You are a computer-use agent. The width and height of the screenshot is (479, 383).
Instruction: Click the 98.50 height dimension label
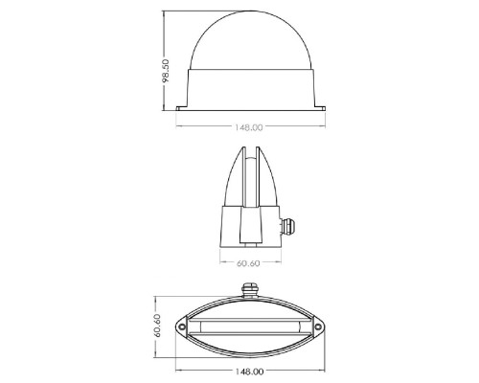(166, 71)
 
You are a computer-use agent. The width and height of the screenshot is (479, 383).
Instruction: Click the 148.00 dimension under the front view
(249, 127)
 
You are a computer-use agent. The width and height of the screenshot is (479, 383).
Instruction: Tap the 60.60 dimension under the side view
(248, 263)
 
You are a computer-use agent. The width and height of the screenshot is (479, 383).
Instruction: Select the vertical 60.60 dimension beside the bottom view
(157, 326)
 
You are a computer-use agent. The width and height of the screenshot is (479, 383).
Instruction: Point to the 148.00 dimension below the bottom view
(250, 372)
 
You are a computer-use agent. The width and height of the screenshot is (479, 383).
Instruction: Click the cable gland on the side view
(287, 226)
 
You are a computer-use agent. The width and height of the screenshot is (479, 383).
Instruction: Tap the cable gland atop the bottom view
(250, 290)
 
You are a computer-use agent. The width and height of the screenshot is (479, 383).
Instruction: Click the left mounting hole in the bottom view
(182, 327)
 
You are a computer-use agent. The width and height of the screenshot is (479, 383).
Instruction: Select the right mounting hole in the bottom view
(318, 327)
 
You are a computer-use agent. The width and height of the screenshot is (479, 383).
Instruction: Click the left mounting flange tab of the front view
(182, 108)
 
